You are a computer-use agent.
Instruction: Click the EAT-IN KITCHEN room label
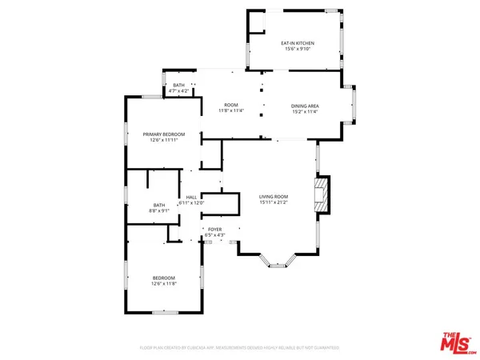(296, 42)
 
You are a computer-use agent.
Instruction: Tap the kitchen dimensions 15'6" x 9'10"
(296, 49)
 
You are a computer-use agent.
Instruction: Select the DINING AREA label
(305, 106)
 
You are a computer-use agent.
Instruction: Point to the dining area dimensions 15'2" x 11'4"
(305, 112)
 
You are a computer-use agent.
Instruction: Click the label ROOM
(231, 106)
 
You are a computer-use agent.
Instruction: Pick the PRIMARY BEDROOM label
(163, 134)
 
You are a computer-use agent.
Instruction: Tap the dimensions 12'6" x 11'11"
(163, 141)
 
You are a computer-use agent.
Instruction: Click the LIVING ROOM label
(274, 196)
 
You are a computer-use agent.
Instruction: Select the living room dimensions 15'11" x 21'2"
(274, 202)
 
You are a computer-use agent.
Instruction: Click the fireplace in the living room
(322, 196)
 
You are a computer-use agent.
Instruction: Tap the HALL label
(191, 197)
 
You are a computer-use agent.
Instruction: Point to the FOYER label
(214, 229)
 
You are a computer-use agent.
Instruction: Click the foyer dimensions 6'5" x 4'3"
(214, 235)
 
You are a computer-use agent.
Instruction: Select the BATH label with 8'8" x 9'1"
(159, 206)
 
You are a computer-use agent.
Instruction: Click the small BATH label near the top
(178, 85)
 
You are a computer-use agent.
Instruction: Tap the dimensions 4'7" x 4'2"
(178, 91)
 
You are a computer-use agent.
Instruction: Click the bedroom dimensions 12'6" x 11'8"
(163, 283)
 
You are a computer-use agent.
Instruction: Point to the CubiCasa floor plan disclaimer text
(240, 348)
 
